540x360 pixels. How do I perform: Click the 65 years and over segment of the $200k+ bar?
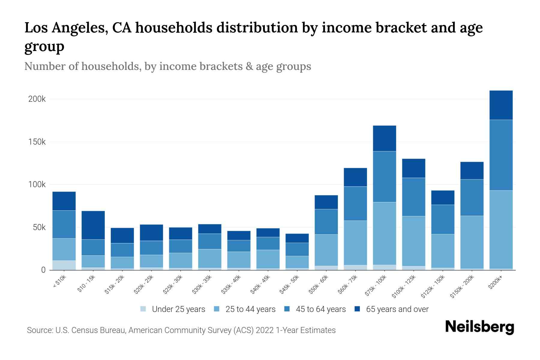(x=501, y=105)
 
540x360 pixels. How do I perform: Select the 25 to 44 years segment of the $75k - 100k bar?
(x=384, y=233)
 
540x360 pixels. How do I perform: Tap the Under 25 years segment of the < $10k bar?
(x=64, y=265)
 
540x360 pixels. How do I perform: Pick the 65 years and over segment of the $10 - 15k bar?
(x=93, y=225)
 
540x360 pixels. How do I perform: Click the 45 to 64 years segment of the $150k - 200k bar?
(x=472, y=197)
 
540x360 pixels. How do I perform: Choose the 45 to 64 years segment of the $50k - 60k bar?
(x=326, y=222)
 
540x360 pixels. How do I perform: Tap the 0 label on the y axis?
(x=43, y=270)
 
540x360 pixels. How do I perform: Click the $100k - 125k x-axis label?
(x=403, y=286)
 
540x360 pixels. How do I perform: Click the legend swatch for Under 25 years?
(x=143, y=309)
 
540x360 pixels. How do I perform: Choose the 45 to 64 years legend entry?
(x=320, y=309)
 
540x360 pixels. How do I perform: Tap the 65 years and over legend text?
(x=397, y=309)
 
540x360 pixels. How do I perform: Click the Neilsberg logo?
(x=479, y=327)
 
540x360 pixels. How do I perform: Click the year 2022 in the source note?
(x=265, y=330)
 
